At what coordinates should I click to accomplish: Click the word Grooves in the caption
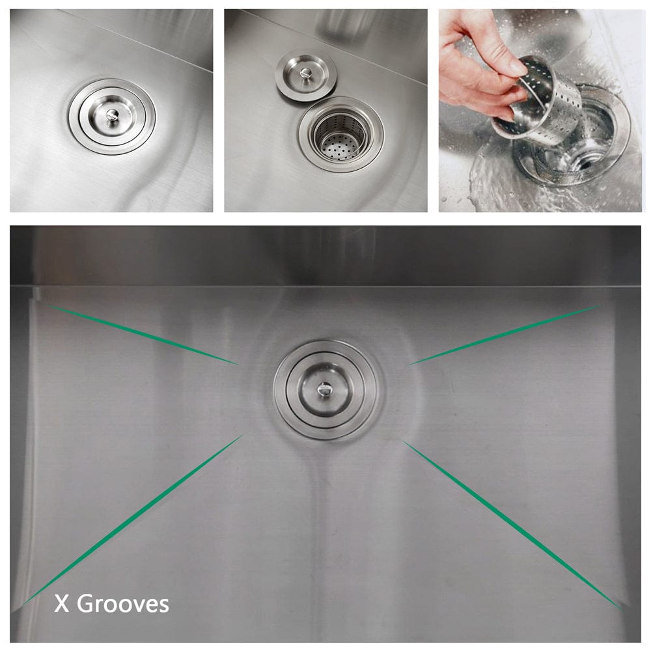click(x=123, y=604)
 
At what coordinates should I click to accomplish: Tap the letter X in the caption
click(x=61, y=604)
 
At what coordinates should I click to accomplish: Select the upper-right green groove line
click(x=505, y=335)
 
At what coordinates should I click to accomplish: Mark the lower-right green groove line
click(x=511, y=524)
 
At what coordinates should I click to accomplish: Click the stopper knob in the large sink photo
click(x=324, y=388)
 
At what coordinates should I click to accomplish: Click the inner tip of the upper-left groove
click(x=236, y=363)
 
